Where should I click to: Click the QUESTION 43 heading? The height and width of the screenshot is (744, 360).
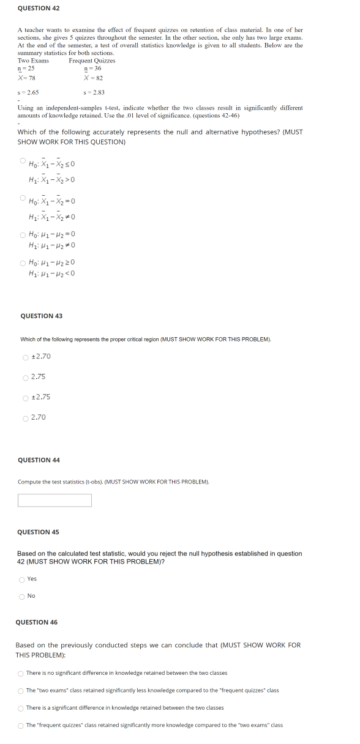pyautogui.click(x=41, y=316)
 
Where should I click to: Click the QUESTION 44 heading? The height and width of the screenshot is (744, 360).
pyautogui.click(x=39, y=460)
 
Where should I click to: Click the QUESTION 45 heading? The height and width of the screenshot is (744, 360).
pyautogui.click(x=38, y=532)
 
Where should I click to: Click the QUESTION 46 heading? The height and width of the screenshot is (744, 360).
pyautogui.click(x=37, y=622)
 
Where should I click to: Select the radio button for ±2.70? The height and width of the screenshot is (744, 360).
pyautogui.click(x=25, y=357)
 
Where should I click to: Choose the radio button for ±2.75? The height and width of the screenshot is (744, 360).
pyautogui.click(x=25, y=397)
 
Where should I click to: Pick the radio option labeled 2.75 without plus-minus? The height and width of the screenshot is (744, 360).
pyautogui.click(x=25, y=377)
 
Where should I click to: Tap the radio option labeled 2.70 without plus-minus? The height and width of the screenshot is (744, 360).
pyautogui.click(x=25, y=418)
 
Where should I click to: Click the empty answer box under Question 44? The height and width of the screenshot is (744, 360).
pyautogui.click(x=54, y=500)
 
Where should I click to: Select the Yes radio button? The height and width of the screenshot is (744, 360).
pyautogui.click(x=22, y=579)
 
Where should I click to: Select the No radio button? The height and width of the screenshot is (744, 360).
pyautogui.click(x=22, y=597)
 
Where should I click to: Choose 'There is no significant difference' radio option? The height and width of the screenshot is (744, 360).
pyautogui.click(x=21, y=673)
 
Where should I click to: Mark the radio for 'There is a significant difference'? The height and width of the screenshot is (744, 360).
pyautogui.click(x=21, y=708)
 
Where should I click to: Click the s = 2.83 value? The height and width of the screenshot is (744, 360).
pyautogui.click(x=94, y=92)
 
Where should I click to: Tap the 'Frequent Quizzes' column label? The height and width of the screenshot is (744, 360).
pyautogui.click(x=92, y=61)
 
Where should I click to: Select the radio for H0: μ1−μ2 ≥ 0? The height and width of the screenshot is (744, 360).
pyautogui.click(x=23, y=262)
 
